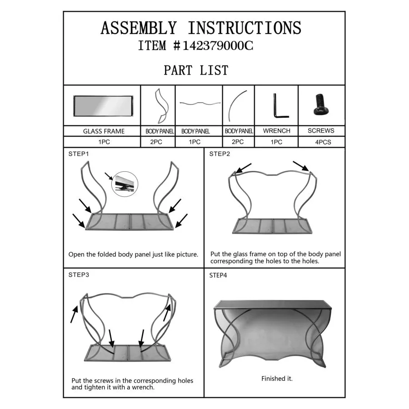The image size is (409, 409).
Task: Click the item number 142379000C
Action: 218,45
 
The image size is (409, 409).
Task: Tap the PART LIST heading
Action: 196,70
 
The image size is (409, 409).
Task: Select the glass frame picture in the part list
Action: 103,106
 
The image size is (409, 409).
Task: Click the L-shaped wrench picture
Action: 280,105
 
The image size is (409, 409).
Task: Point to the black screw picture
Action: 321,105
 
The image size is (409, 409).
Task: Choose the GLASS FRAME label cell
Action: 104,131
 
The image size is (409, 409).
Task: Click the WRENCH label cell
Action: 276,131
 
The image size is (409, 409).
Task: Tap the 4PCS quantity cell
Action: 323,142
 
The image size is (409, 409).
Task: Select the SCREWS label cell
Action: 321,131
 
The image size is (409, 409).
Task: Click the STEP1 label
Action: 79,154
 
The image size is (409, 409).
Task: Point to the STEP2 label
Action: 219,154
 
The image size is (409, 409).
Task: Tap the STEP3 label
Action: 79,275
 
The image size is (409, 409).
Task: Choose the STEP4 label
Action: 218,275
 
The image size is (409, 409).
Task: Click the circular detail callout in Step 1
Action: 125,184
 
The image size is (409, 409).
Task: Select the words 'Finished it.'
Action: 277,379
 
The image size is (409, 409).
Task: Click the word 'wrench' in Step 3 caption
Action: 143,387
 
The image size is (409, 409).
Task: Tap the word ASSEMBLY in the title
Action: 139,28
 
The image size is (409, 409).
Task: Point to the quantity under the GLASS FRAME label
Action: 104,142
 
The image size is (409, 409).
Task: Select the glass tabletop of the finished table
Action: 273,304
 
